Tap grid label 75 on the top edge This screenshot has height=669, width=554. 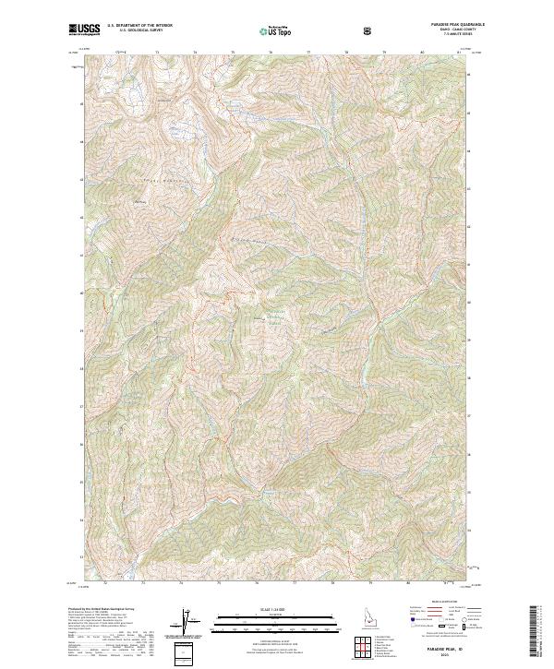coord(233,52)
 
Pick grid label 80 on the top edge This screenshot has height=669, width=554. coord(421,52)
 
